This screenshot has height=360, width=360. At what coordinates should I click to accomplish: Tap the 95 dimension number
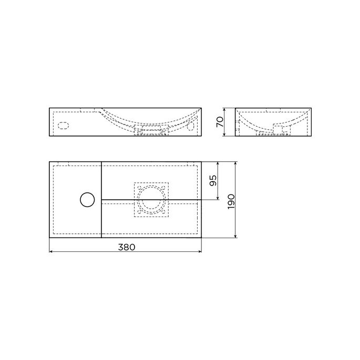(213, 181)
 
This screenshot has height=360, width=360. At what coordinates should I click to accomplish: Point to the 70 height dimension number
(220, 122)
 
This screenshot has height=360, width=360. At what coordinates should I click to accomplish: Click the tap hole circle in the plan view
(86, 200)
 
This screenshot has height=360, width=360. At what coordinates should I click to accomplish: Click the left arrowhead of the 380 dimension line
(51, 251)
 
